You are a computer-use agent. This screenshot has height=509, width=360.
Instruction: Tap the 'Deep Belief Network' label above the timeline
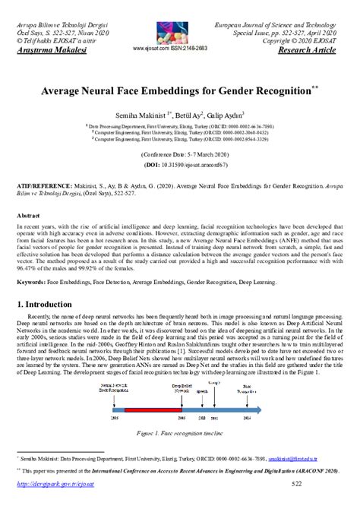point(181,387)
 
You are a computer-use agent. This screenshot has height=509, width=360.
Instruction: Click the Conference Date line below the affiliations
point(180,153)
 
